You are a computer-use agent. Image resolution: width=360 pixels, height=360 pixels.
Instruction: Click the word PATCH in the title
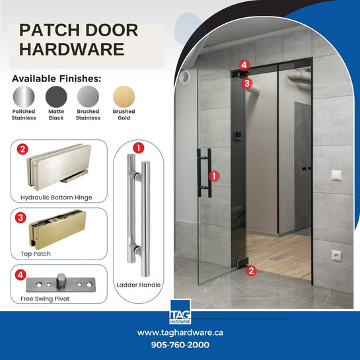[50, 31]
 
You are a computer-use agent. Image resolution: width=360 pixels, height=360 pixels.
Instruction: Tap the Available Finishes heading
[57, 79]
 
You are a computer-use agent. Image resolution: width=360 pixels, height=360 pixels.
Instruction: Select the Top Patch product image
[59, 229]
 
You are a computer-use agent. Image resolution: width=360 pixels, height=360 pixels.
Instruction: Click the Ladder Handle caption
[138, 285]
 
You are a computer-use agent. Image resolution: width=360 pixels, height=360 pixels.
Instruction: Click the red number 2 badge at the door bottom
[250, 270]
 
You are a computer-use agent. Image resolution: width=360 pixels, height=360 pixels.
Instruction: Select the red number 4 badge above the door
[244, 65]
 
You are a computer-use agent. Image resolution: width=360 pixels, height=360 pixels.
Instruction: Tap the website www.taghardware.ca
[180, 332]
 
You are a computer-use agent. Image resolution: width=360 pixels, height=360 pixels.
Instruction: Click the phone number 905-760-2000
[180, 345]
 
